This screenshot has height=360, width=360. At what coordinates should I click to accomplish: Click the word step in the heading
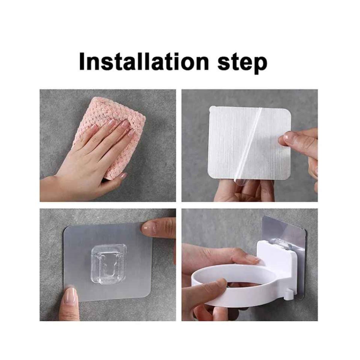[x=242, y=63]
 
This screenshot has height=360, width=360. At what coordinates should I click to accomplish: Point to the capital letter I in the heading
[x=82, y=61]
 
